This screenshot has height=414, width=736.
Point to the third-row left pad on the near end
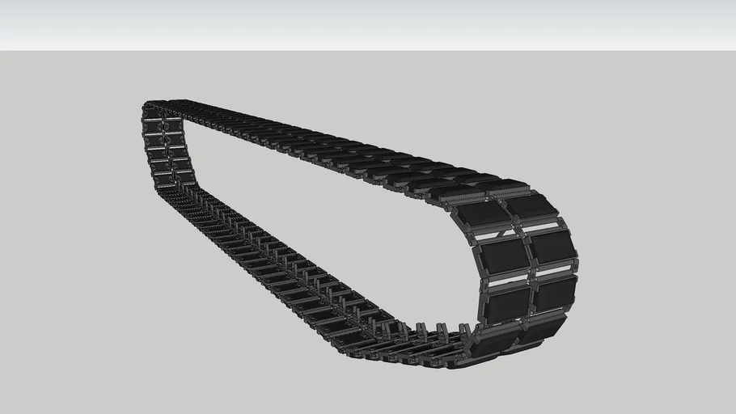pyautogui.click(x=507, y=302)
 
